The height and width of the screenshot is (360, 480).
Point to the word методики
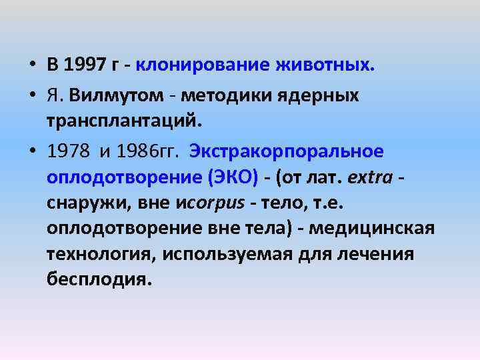211,95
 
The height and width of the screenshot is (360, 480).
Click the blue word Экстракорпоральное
287,151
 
